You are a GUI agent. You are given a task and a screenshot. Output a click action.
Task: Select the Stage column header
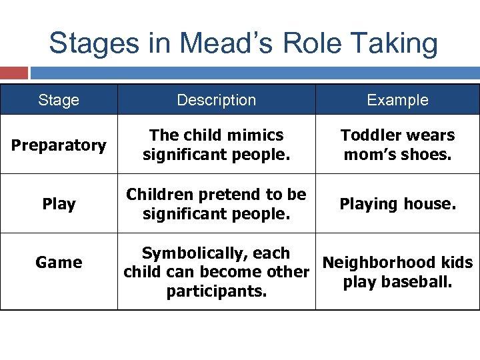[59, 100]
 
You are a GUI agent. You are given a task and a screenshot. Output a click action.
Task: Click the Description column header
[216, 100]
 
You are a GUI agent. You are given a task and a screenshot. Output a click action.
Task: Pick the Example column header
[397, 100]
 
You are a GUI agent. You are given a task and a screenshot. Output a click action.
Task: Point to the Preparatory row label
[59, 145]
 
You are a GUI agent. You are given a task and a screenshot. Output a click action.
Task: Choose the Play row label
[59, 203]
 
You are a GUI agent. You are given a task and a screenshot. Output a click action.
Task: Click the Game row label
[59, 262]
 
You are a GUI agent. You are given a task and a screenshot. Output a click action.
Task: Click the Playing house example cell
[397, 203]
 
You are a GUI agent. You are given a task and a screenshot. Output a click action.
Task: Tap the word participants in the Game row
[216, 291]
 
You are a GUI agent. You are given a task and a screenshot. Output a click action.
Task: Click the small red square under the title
[14, 73]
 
